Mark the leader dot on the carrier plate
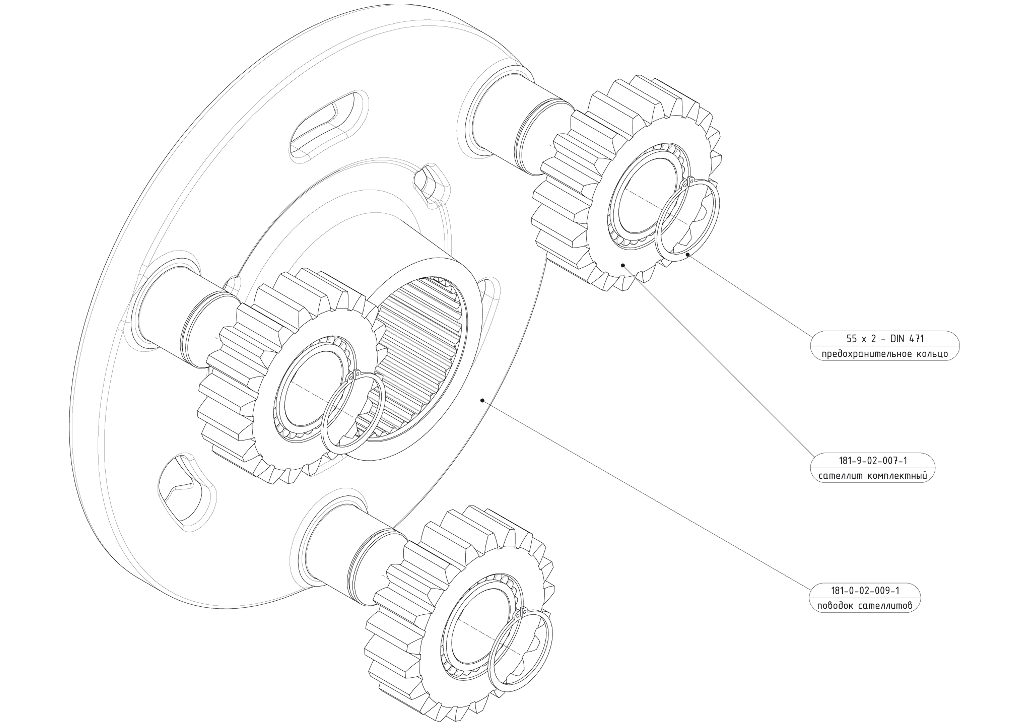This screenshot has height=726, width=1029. (482, 400)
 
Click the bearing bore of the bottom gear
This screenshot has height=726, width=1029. (475, 627)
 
